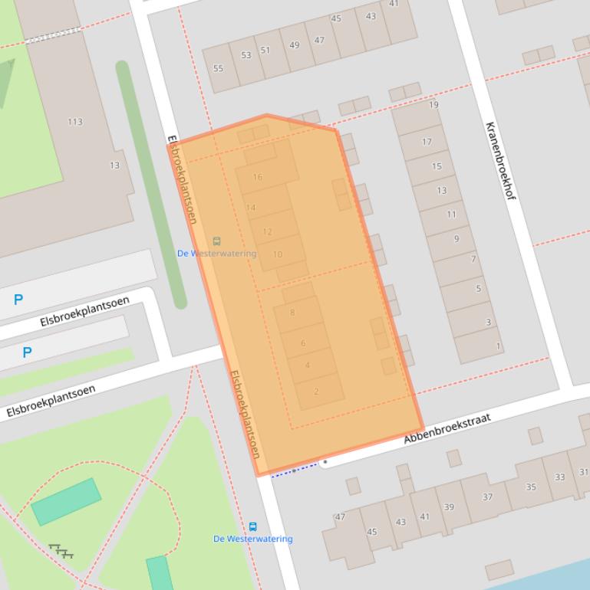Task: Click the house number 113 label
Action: (x=74, y=122)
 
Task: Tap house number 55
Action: (x=219, y=69)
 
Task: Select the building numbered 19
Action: (x=433, y=105)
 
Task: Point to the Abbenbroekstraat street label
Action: (x=447, y=428)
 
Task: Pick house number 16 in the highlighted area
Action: (x=257, y=177)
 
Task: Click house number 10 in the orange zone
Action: (x=277, y=254)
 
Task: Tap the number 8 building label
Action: (x=292, y=313)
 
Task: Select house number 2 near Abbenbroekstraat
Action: (x=316, y=392)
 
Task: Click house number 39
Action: (x=449, y=507)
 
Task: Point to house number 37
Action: (x=487, y=497)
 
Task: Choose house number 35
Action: (x=531, y=487)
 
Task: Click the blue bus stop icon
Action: (x=252, y=527)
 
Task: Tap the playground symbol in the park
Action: (x=61, y=550)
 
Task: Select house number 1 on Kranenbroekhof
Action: (x=498, y=346)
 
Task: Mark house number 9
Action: (x=457, y=239)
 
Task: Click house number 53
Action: (x=246, y=55)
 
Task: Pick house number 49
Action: (x=294, y=45)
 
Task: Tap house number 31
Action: (x=584, y=472)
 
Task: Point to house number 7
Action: (x=473, y=260)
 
